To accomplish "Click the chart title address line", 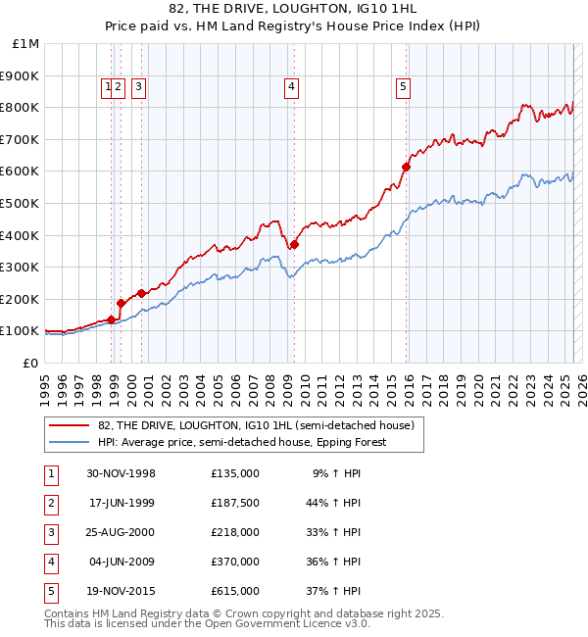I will [294, 9].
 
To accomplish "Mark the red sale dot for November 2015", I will [406, 167].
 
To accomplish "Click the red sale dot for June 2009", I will [294, 245].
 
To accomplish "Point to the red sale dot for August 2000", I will [142, 293].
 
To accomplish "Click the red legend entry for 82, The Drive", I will [256, 425].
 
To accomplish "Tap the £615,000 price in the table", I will [235, 591].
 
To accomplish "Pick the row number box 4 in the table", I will [50, 562].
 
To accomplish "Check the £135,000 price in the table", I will [235, 473].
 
